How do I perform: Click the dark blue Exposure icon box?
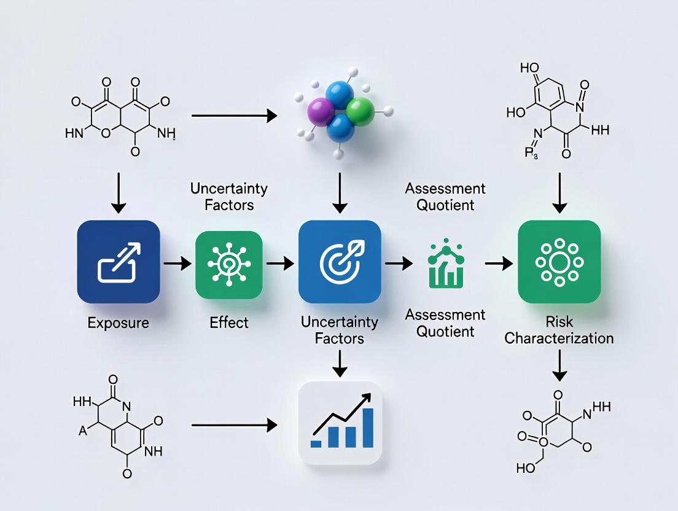(119, 262)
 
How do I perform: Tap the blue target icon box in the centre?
(339, 262)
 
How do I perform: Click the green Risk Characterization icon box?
(559, 262)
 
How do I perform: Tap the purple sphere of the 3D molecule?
(319, 114)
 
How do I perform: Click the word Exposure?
(118, 322)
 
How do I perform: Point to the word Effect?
(228, 322)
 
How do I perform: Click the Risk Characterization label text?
(559, 330)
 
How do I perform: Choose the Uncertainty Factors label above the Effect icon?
(229, 197)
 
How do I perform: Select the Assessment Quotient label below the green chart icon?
(445, 323)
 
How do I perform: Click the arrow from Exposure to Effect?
(177, 263)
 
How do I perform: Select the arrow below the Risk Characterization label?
(559, 367)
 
